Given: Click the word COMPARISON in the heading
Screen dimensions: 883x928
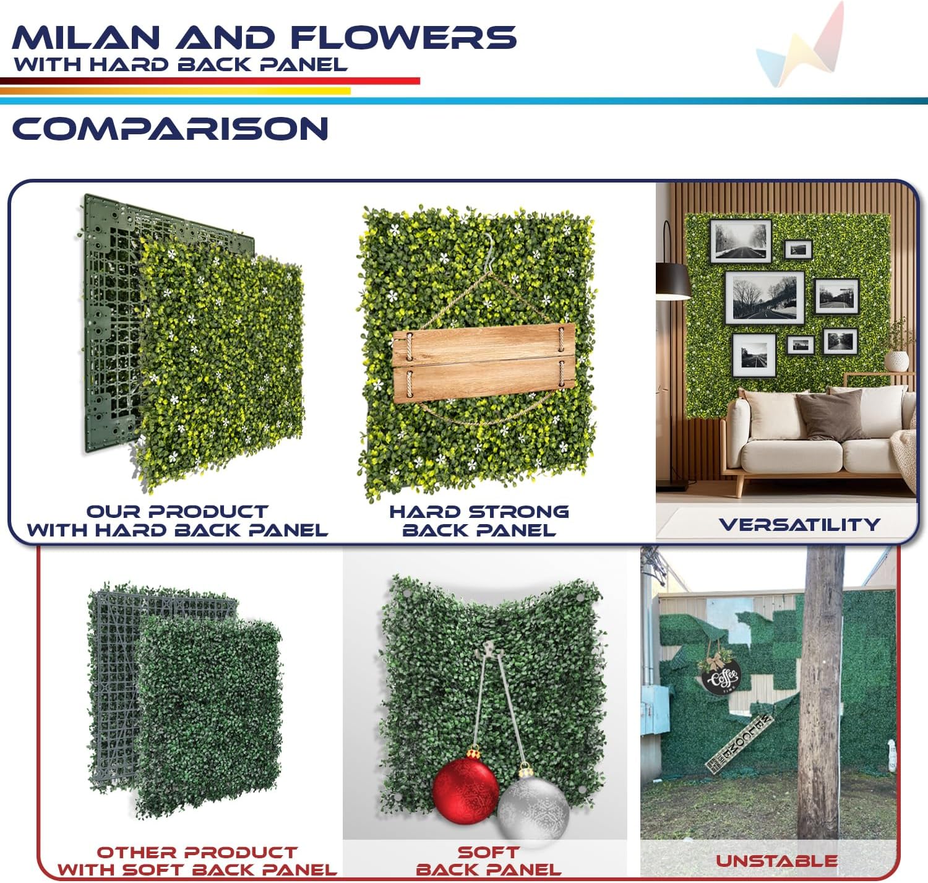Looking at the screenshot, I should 170,129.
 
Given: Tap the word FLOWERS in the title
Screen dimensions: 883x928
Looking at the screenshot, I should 403,38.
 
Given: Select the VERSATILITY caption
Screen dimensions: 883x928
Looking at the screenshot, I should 799,525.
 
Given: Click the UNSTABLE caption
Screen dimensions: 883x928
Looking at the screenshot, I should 776,861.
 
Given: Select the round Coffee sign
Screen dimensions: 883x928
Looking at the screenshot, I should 723,678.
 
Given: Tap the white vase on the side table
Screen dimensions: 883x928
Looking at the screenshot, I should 896,361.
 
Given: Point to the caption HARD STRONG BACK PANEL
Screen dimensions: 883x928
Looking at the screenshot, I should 479,521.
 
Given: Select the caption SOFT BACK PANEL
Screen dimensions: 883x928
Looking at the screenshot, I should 488,861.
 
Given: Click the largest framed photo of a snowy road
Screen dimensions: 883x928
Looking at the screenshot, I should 741,241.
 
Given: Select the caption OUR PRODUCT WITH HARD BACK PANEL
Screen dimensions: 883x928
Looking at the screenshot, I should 178,521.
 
